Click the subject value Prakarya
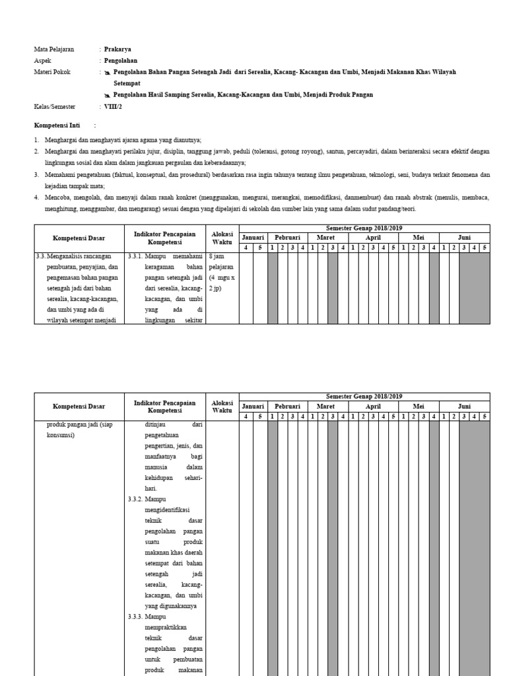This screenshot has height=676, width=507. [118, 49]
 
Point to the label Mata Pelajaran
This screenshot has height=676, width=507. [54, 49]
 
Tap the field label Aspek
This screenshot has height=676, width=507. [42, 60]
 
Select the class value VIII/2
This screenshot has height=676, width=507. [114, 106]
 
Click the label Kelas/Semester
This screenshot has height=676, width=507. [55, 106]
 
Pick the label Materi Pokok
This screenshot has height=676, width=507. [52, 71]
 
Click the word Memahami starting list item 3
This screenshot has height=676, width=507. [59, 174]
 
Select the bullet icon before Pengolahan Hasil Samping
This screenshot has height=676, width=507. [107, 95]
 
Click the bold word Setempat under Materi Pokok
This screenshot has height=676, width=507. [127, 84]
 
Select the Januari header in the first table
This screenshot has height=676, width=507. [253, 238]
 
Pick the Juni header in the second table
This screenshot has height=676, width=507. [465, 407]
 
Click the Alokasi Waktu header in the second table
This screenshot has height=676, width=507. [222, 406]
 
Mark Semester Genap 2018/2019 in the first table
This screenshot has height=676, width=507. [364, 228]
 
